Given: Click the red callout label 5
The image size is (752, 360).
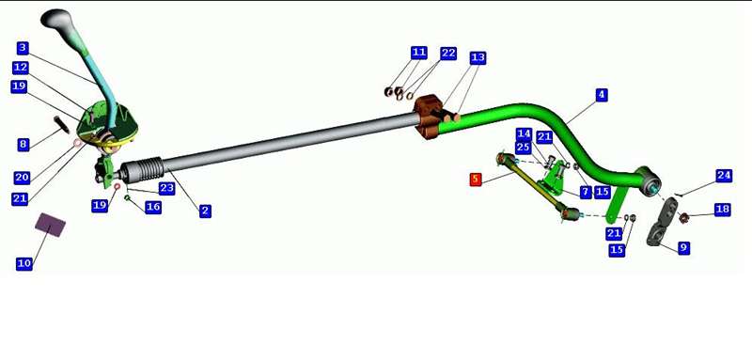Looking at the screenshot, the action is (476, 180).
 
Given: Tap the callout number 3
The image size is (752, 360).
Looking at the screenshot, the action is (23, 48).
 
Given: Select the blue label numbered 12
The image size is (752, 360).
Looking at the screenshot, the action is (21, 68).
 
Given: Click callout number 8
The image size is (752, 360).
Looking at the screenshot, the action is (23, 145).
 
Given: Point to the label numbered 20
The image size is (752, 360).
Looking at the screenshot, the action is (22, 178).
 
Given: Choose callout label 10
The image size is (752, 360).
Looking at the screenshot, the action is (24, 263).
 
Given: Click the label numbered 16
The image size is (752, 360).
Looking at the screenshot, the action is (153, 207).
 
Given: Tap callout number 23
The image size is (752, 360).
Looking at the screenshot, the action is (166, 188).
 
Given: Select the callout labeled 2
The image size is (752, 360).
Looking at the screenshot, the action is (205, 211).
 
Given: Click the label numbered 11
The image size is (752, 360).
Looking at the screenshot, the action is (418, 53).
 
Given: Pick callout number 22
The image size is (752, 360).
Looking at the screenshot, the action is (448, 53).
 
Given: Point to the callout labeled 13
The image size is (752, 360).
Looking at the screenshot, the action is (478, 58).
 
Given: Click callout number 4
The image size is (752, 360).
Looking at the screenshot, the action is (602, 95).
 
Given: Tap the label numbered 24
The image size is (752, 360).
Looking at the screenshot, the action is (724, 176).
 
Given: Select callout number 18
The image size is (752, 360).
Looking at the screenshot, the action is (722, 210).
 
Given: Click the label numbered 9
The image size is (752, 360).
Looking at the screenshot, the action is (684, 248).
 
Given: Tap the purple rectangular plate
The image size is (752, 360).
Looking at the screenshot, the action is (51, 225).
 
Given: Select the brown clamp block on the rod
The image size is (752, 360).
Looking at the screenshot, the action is (428, 117).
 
